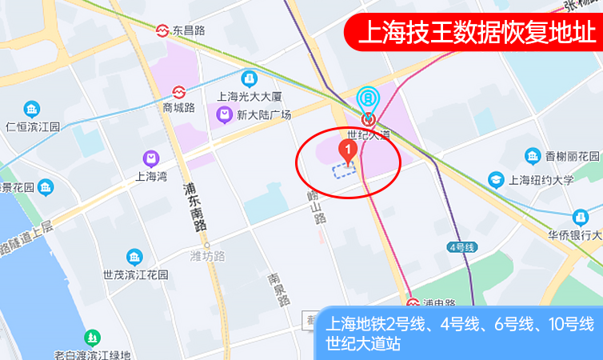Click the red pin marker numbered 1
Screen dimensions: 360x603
(348, 149)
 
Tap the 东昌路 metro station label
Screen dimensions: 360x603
(189, 30)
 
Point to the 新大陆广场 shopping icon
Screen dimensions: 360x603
(223, 115)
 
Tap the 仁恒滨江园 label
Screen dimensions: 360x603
(33, 126)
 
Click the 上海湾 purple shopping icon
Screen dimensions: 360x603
(150, 158)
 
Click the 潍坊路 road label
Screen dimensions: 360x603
(207, 256)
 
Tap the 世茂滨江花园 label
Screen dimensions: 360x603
(135, 274)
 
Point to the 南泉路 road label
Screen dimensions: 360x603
(275, 290)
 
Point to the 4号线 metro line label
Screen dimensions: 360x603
(462, 247)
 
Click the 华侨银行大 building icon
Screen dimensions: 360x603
(580, 216)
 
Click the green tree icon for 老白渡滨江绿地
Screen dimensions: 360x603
(93, 338)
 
